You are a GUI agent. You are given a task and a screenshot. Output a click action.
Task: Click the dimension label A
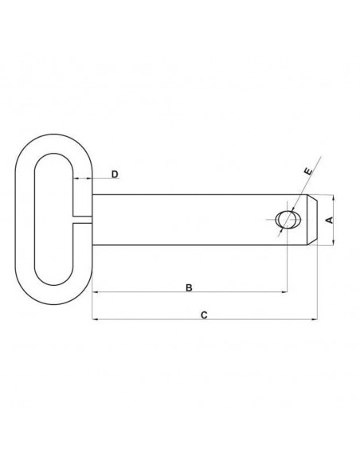click(330, 220)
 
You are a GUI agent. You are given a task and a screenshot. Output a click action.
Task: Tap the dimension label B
click(189, 287)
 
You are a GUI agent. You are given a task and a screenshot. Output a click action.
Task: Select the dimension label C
click(204, 315)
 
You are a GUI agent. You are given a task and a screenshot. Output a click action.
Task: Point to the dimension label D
click(115, 174)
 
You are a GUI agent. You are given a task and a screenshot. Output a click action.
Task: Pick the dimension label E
click(308, 171)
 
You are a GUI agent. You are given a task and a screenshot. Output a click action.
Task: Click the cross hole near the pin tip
click(288, 220)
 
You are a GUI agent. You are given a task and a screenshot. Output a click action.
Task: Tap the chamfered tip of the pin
click(312, 220)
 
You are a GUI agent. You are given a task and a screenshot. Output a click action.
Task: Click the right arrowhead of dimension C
click(315, 319)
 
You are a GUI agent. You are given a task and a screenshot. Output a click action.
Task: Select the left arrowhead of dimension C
click(96, 319)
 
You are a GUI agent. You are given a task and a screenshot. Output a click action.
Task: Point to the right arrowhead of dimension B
click(284, 291)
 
